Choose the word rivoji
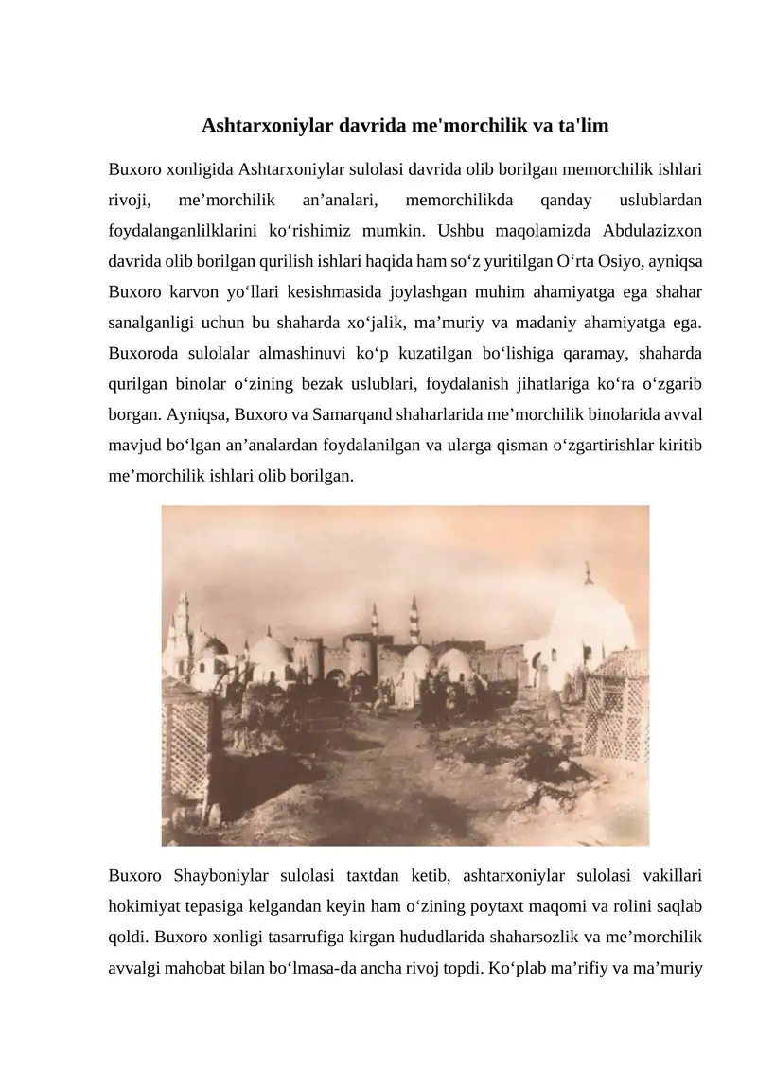[132, 200]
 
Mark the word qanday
[563, 200]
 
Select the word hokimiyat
[147, 900]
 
